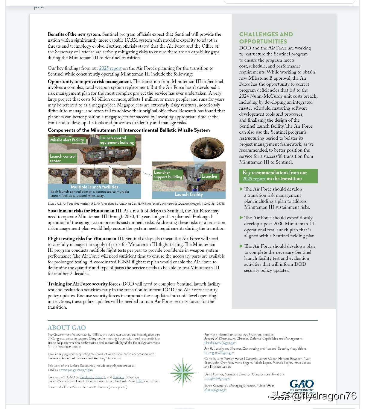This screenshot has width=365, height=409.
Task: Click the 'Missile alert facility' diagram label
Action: coord(67,140)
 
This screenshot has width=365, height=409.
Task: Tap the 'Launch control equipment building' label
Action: coord(117,140)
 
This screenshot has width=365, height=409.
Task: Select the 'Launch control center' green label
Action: coord(63,159)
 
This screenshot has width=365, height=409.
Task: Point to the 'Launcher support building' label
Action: coord(168,175)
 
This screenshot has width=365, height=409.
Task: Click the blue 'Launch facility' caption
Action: coord(188,194)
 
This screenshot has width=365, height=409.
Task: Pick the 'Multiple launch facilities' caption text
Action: coord(94,187)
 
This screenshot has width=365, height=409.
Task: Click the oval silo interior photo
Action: coord(207,148)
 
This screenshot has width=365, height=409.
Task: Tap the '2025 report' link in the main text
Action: coord(110,68)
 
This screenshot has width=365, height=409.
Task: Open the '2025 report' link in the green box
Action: coord(254,179)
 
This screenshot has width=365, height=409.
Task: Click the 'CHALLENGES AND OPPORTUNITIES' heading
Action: coord(266,38)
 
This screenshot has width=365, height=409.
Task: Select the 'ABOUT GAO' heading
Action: coord(67,327)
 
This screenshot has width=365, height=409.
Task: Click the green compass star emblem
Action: coord(182,372)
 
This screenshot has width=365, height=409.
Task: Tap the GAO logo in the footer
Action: coord(302,384)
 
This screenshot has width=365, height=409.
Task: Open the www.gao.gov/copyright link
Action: coord(76,370)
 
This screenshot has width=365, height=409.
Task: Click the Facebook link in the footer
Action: coord(86,377)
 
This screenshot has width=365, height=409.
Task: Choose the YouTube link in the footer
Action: coord(118,377)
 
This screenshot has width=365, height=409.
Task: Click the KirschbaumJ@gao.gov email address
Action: coord(220,343)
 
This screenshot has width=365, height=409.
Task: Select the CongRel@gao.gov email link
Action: coord(217,378)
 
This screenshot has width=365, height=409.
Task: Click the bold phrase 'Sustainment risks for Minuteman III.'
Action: coord(85,211)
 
